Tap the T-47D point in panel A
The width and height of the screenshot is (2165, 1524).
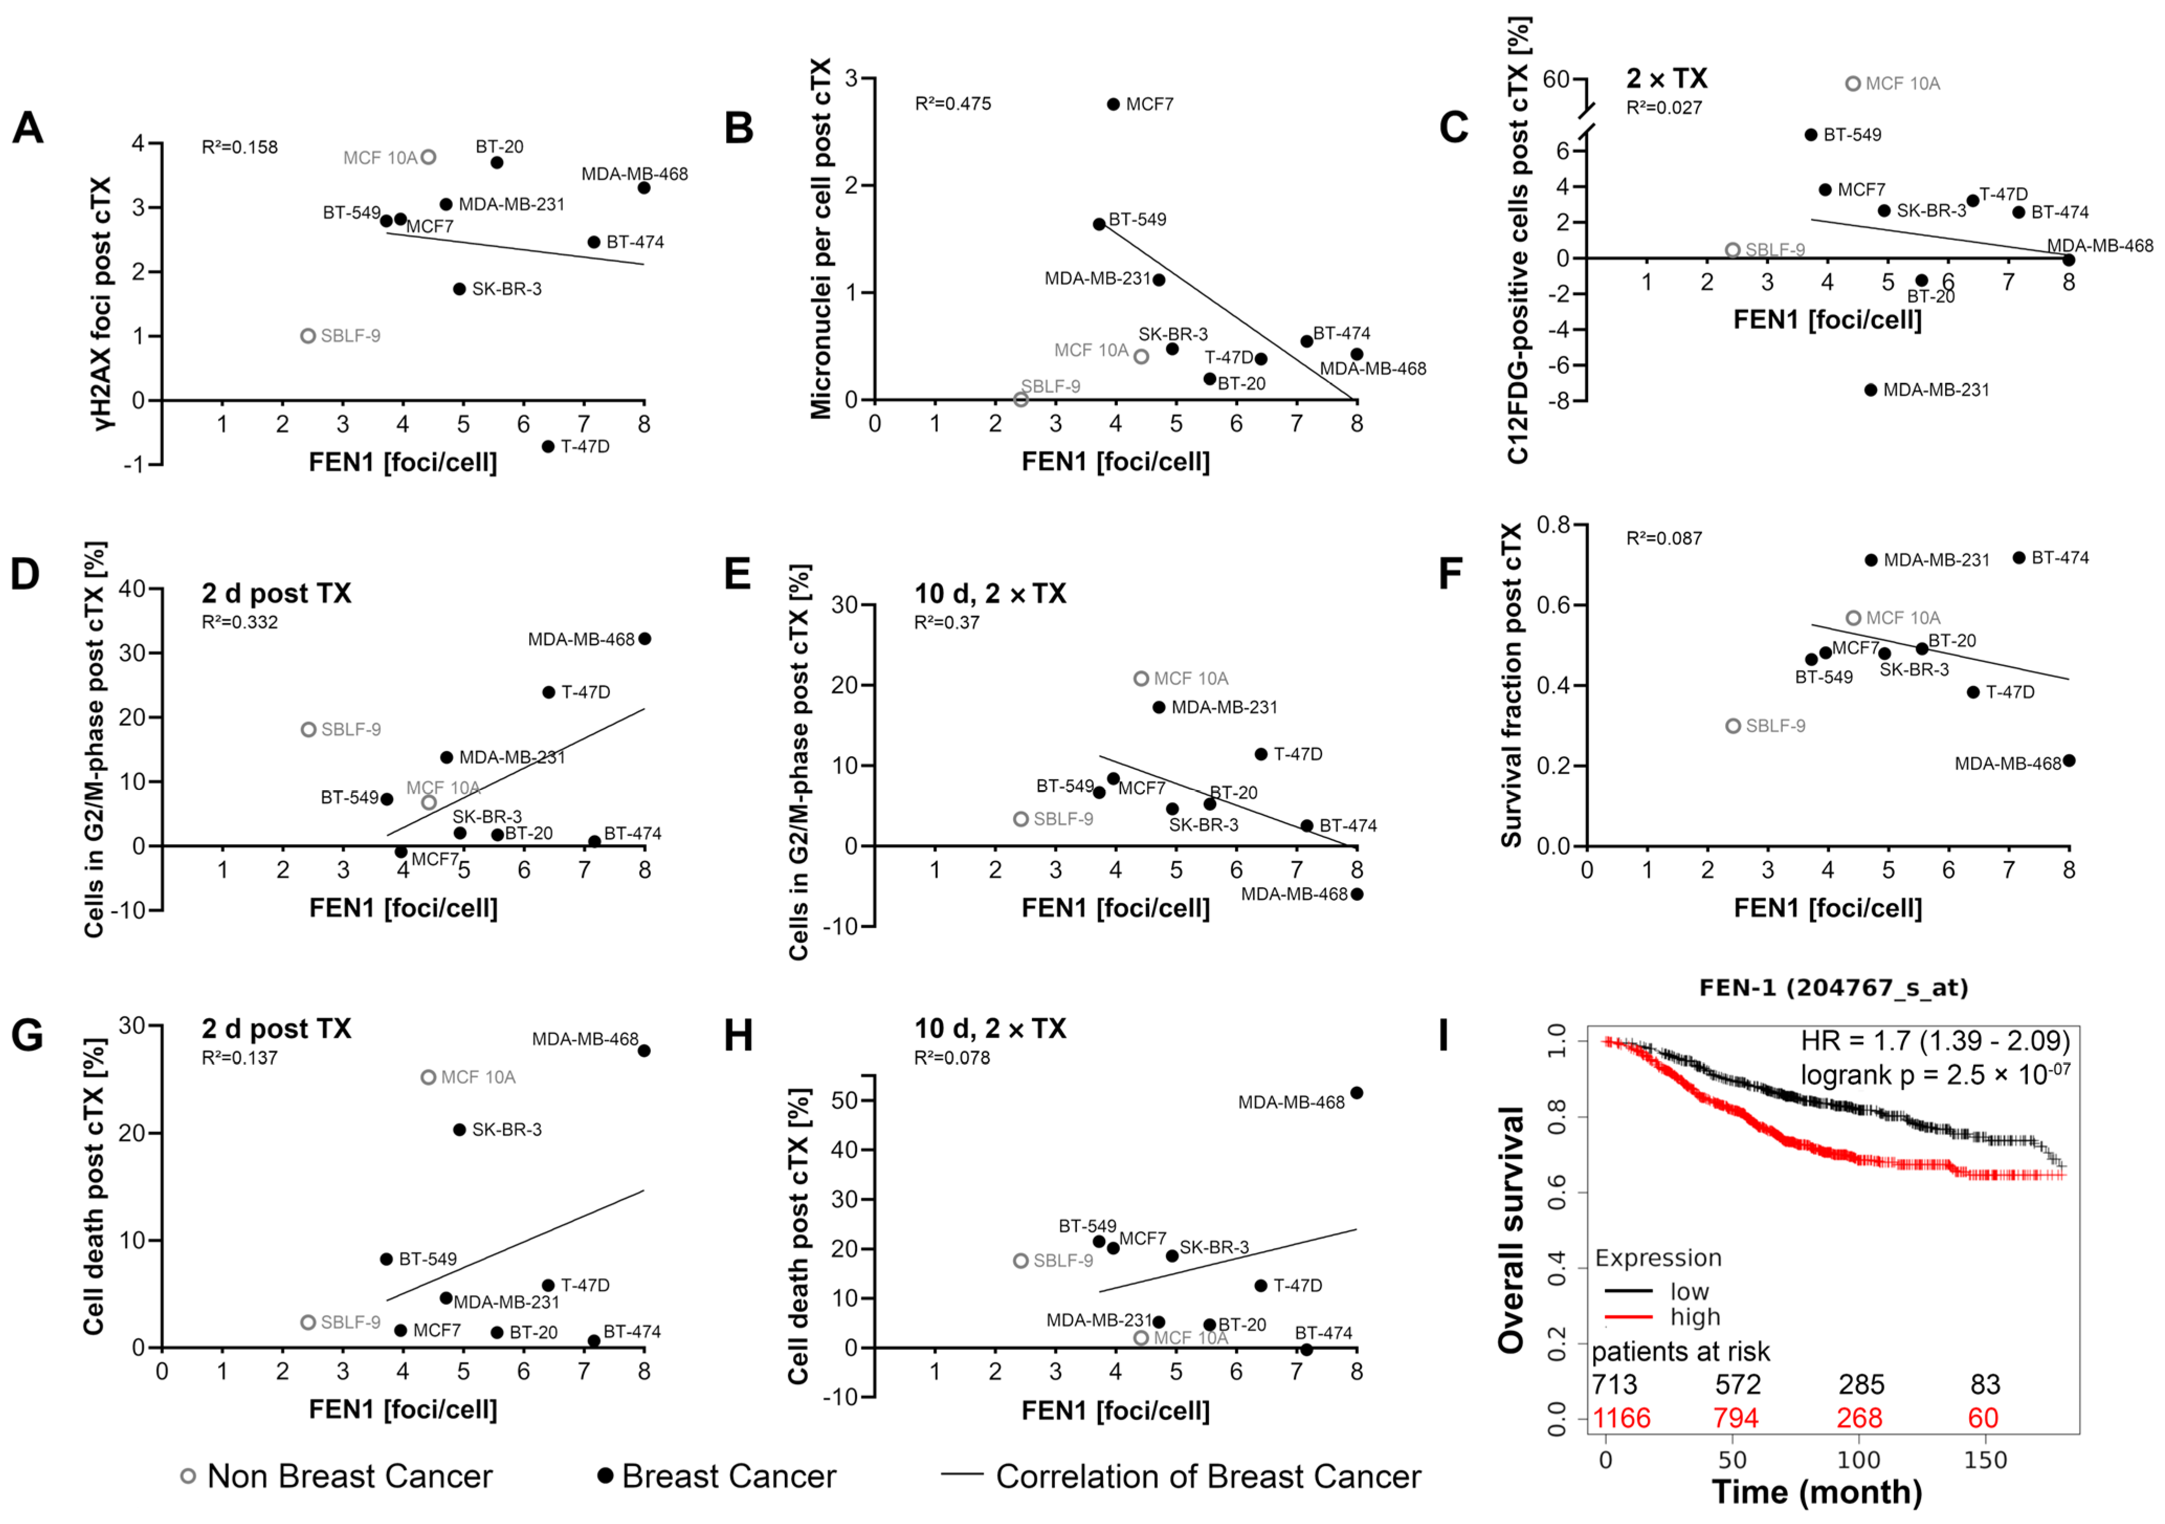[x=548, y=446]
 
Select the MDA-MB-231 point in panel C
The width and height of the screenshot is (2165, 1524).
[x=1871, y=390]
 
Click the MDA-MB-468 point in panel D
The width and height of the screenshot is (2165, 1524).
[x=644, y=638]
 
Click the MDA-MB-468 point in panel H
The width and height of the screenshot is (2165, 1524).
[x=1356, y=1093]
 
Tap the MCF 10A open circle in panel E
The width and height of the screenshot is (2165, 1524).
[x=1141, y=678]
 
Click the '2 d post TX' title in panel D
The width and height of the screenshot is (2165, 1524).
[x=276, y=593]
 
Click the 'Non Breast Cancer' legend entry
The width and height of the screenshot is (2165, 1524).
[x=349, y=1476]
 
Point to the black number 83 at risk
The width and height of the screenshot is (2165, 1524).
[x=1985, y=1384]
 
